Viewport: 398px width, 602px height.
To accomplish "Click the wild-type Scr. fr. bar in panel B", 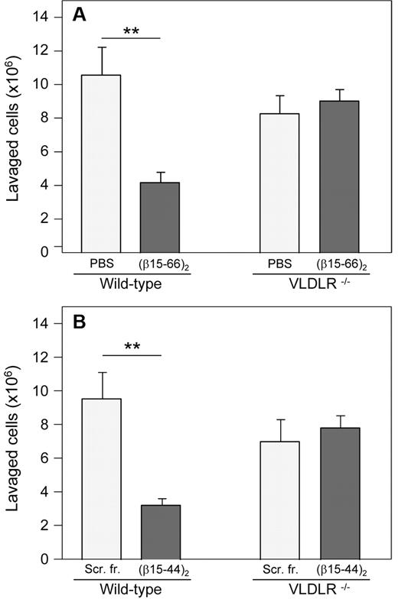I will (x=101, y=478).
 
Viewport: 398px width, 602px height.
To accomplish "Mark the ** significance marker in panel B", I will (x=130, y=345).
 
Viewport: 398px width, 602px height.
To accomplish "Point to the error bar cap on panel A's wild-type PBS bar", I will (x=101, y=47).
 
